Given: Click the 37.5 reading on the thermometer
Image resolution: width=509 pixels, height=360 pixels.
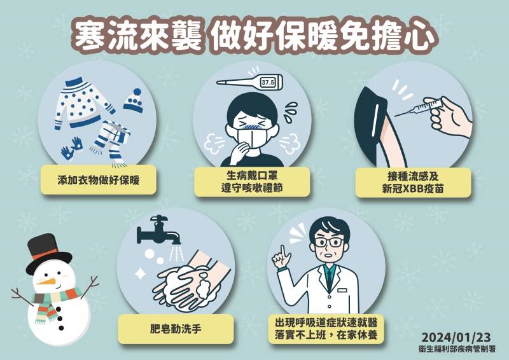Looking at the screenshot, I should click(x=267, y=83).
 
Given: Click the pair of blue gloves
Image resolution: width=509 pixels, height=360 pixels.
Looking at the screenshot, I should click(x=73, y=146).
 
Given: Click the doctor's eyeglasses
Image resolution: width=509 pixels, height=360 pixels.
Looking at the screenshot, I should click(x=327, y=243).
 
